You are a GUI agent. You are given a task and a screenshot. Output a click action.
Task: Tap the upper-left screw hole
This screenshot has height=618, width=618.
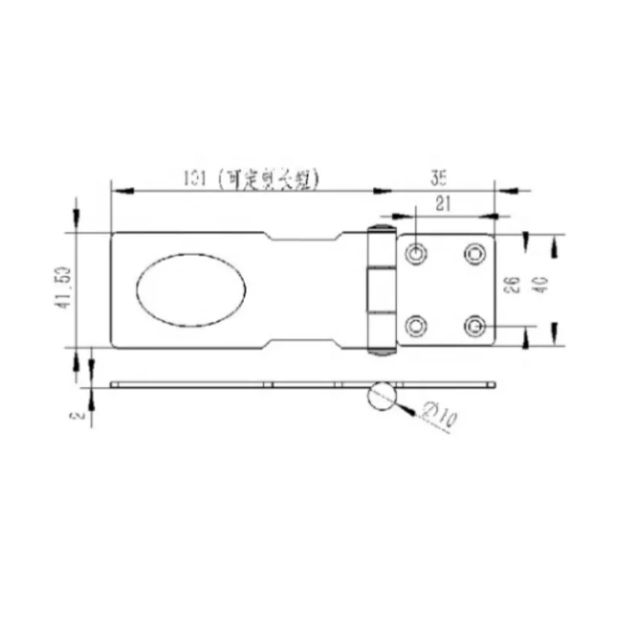coord(416,253)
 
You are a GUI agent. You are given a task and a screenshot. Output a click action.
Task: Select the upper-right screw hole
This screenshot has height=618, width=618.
coord(474,253)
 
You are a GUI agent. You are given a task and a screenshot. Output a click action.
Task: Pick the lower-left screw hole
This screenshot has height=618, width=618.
coord(416,327)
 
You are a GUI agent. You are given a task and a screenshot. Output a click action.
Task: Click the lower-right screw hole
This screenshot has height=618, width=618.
coord(474,327)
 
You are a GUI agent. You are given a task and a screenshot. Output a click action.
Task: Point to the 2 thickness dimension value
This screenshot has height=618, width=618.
coord(77,414)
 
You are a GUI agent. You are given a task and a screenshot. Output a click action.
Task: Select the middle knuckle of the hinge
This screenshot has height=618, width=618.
coord(380,289)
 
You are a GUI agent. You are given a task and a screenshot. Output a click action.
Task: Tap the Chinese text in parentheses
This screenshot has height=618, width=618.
coord(267,178)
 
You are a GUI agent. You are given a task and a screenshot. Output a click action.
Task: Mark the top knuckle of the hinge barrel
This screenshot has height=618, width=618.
coord(380,246)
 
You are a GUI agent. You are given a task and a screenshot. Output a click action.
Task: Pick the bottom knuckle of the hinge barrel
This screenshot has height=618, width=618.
coord(380,333)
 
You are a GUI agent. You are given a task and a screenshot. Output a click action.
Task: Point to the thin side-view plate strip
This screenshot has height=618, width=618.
coord(232,384)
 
